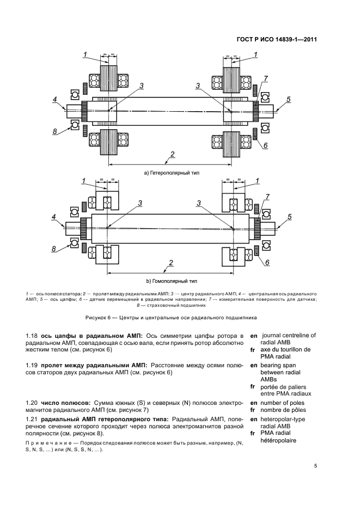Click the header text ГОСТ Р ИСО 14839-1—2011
tap(277, 39)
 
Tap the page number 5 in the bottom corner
tap(315, 465)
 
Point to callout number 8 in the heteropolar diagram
tap(54, 131)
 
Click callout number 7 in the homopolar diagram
tap(267, 196)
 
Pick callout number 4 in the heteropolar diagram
tap(54, 99)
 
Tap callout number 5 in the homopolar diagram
tap(289, 217)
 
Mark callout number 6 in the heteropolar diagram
tap(266, 145)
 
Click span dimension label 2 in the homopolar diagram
tap(172, 263)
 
